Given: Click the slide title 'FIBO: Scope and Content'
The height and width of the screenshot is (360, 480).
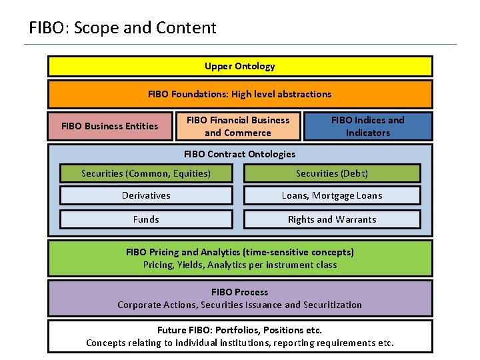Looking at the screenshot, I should tap(123, 28).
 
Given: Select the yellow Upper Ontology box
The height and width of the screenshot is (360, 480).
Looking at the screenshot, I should tap(239, 66).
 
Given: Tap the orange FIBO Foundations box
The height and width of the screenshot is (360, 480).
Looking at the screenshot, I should tap(239, 94).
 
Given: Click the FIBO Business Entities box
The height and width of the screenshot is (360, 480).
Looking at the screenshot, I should tap(109, 126).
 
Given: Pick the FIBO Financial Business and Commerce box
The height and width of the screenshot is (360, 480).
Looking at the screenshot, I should tap(238, 126).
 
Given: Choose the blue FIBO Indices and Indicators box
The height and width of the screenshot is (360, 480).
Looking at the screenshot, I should tap(367, 126).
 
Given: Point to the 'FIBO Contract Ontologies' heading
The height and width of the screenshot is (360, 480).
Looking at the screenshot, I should tap(239, 154).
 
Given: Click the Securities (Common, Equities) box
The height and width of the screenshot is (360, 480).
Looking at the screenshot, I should tap(146, 173).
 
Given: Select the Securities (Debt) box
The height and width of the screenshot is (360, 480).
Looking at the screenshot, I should tap(332, 173).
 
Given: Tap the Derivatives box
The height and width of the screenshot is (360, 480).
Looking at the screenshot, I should tap(146, 195).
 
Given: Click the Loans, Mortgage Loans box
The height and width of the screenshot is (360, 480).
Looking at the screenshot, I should tap(332, 195).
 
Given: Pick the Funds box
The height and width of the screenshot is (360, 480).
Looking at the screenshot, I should tap(146, 219).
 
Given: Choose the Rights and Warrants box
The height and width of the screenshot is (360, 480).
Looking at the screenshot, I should tap(332, 219).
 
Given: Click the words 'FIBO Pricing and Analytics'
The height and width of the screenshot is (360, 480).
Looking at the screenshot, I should tap(183, 252).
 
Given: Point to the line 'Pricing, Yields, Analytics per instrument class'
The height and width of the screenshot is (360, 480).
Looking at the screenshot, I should tap(239, 265).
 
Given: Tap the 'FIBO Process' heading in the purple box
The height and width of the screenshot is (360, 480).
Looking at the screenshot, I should tap(239, 292).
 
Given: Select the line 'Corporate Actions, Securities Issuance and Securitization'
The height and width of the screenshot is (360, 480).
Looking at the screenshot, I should tap(239, 305).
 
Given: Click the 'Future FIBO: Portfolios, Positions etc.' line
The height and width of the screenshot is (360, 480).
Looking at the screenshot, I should tap(239, 330).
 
